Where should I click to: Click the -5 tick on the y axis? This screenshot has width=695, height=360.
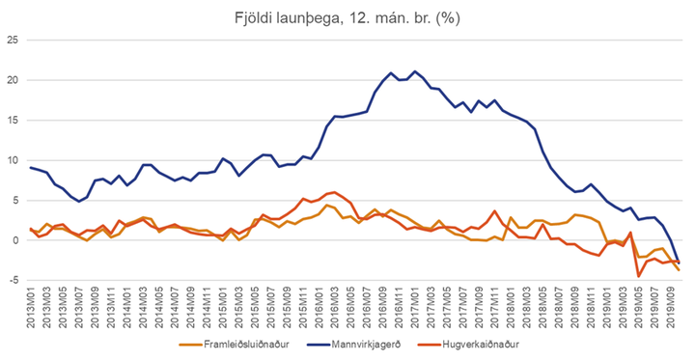[x=13, y=281]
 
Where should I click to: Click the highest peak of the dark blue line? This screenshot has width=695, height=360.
[x=415, y=71]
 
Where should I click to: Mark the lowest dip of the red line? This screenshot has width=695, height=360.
[x=638, y=277]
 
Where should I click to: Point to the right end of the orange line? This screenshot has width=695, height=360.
[x=679, y=270]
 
